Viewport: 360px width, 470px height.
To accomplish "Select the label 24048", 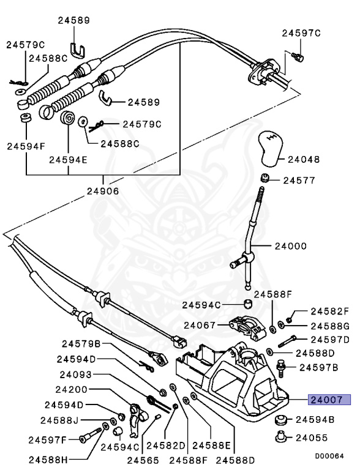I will pyautogui.click(x=304, y=160).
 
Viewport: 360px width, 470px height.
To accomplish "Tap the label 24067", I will pyautogui.click(x=200, y=326).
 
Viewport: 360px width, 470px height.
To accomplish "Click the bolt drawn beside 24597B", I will pyautogui.click(x=282, y=368).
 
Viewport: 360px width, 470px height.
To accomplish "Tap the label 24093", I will pyautogui.click(x=76, y=374).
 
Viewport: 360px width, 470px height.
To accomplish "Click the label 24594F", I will pyautogui.click(x=25, y=146).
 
